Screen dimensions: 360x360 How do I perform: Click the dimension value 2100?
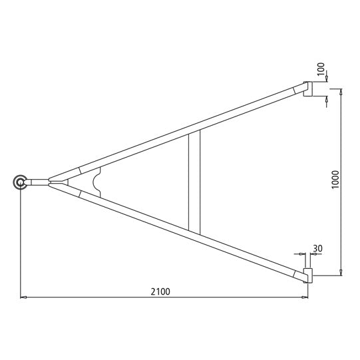tap(160, 291)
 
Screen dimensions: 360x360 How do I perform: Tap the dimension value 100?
tap(320, 69)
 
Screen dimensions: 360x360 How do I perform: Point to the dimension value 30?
tap(317, 249)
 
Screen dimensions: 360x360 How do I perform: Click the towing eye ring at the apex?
tap(20, 182)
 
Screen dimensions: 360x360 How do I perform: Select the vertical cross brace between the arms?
tap(194, 181)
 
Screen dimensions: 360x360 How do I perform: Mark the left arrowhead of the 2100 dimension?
tap(23, 297)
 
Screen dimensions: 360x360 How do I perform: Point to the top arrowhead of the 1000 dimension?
tap(341, 92)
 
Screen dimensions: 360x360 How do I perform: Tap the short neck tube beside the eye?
tap(39, 182)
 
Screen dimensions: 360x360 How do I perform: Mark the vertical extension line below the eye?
tap(20, 246)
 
